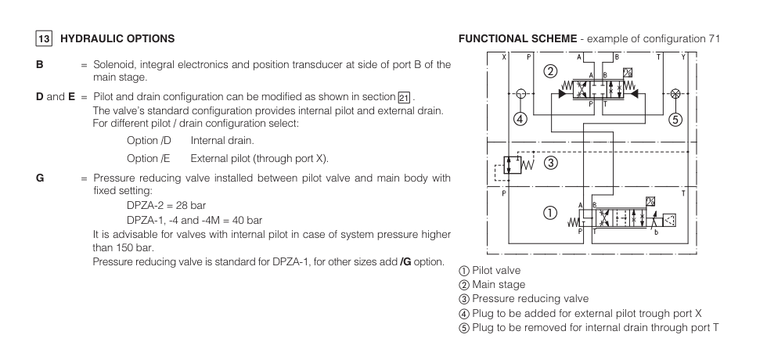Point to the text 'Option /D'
(149, 141)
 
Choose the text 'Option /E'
(149, 157)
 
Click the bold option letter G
(39, 178)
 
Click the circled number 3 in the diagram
(551, 163)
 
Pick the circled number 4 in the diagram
(518, 120)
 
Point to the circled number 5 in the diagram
(676, 120)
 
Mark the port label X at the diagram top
(503, 57)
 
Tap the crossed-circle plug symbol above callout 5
(675, 92)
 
